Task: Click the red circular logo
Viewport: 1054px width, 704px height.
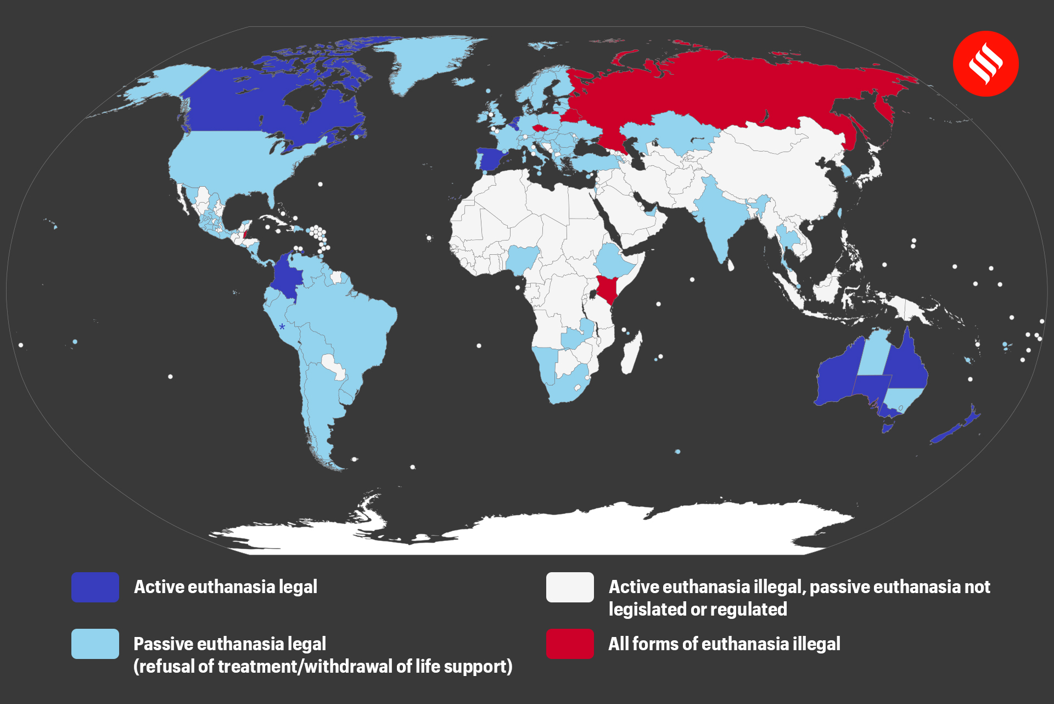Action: (985, 64)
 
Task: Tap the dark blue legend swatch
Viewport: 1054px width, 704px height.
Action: (95, 587)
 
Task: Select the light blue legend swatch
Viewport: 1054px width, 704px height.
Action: (95, 644)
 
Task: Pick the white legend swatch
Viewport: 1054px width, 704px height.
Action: (570, 587)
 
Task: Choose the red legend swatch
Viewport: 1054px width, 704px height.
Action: (570, 644)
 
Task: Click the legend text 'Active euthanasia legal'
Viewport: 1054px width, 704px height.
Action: (226, 587)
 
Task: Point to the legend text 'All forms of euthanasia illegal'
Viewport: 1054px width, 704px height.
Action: (724, 644)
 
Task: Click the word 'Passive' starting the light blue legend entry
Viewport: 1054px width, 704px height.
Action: (163, 644)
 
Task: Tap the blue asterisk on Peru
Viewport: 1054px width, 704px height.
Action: (282, 327)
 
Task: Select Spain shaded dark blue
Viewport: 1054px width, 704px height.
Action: (490, 159)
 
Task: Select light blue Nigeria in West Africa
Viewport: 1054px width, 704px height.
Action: (522, 258)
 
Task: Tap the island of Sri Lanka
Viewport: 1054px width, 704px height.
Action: (731, 265)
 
